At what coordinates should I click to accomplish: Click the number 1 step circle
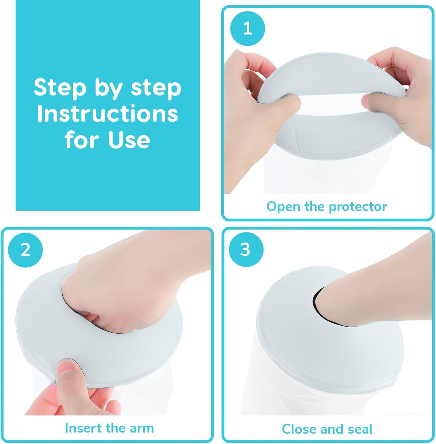click(248, 29)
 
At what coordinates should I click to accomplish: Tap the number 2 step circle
click(25, 250)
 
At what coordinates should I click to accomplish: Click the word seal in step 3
click(360, 429)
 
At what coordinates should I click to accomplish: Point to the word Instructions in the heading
click(107, 114)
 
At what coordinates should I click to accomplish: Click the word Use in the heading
click(129, 140)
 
